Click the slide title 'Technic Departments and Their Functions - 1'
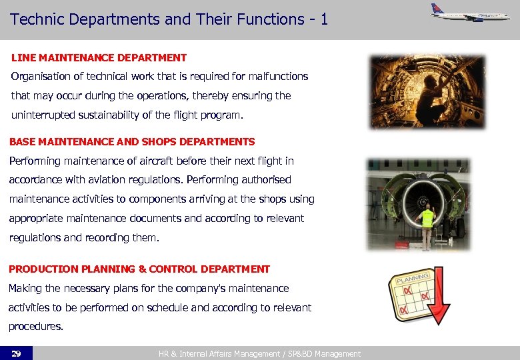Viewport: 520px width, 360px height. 169,19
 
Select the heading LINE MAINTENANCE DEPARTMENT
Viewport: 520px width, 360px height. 99,58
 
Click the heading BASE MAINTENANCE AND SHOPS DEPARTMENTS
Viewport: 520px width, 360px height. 132,141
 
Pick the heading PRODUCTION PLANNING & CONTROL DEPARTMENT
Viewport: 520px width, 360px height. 139,269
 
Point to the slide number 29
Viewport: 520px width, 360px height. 16,353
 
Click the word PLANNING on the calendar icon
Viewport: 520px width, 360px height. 413,277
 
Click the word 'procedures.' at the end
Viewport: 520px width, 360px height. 35,327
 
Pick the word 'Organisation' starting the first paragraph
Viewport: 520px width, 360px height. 41,77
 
